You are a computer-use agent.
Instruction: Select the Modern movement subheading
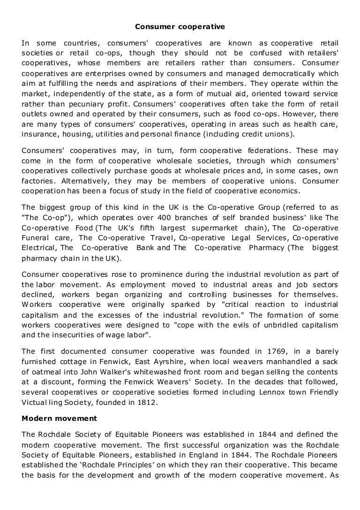59,418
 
